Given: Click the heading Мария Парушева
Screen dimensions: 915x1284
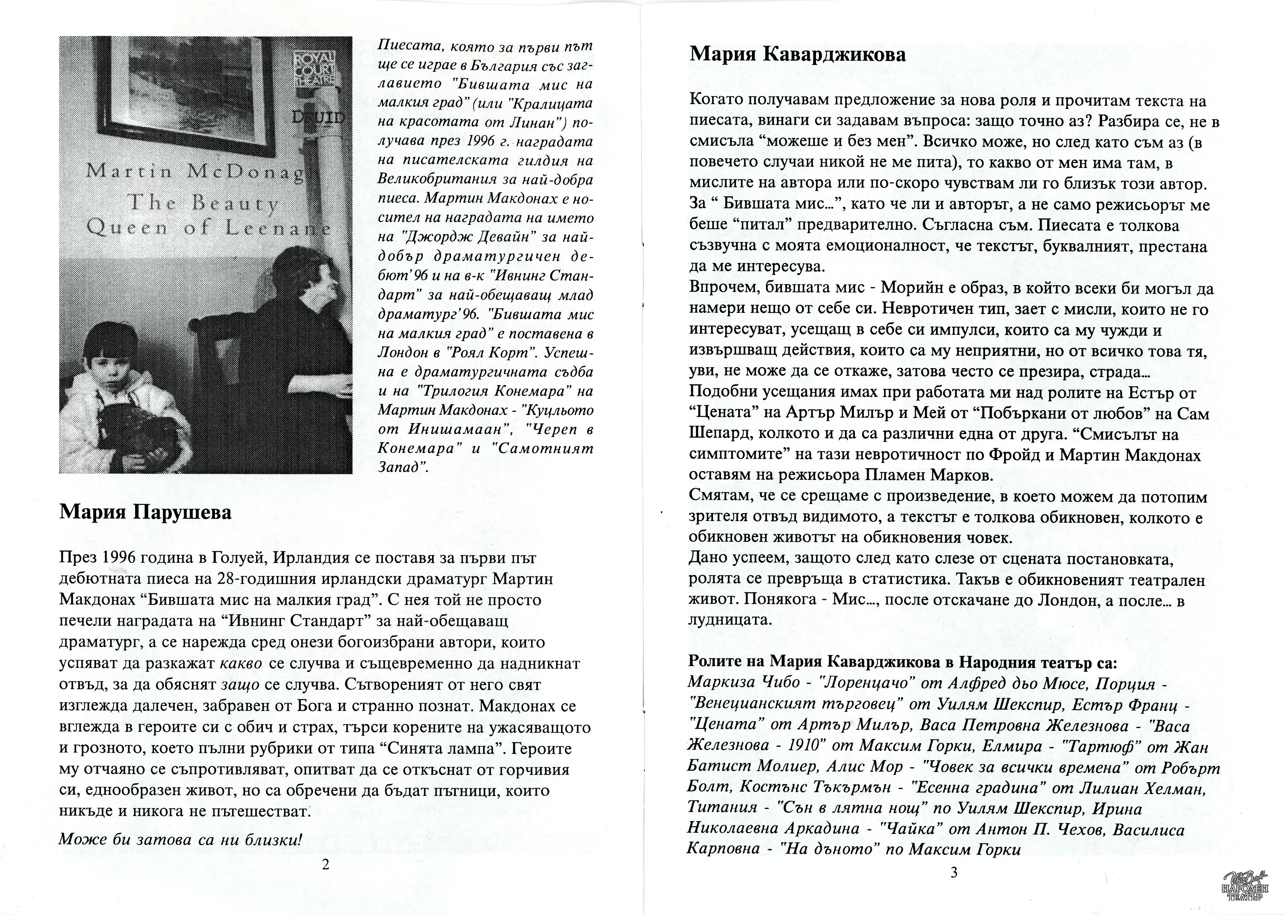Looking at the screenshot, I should click(x=145, y=513).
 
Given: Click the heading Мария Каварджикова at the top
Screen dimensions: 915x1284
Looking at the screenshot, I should click(x=798, y=55).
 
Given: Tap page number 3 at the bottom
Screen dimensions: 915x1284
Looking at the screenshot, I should click(x=954, y=873).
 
